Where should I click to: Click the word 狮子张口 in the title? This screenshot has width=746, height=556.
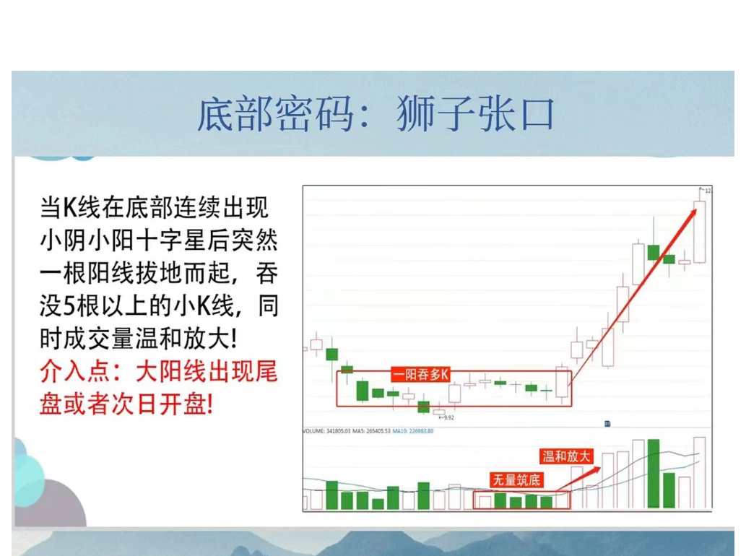point(475,115)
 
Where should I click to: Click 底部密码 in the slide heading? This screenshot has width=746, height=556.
point(276,115)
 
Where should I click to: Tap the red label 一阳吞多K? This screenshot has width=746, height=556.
point(421,374)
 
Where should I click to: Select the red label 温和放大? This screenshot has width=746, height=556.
point(566,456)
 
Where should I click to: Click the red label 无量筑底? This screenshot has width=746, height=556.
point(516,479)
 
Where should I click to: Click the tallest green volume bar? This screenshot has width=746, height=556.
point(654,474)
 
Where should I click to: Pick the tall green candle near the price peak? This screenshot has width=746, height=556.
point(654,252)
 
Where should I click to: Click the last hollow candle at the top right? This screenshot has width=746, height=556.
point(699,232)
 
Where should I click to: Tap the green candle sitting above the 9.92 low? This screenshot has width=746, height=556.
point(424,407)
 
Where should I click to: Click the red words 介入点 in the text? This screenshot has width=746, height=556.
point(73,373)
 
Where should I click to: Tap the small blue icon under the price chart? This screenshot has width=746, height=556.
point(607,423)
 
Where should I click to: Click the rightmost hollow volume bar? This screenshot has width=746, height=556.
point(699,473)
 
